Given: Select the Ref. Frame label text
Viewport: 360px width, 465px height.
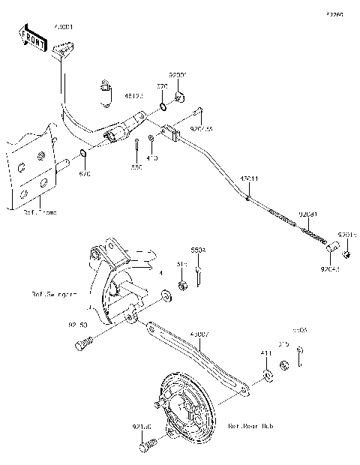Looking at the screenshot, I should pos(40,212).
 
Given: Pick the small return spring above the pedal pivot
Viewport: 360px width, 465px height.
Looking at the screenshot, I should pos(106,89).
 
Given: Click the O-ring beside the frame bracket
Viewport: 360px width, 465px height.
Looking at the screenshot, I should pos(83,159).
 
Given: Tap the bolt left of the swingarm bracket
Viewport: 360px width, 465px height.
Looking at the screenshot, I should pos(83,345).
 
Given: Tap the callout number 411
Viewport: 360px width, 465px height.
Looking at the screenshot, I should pos(265,352).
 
